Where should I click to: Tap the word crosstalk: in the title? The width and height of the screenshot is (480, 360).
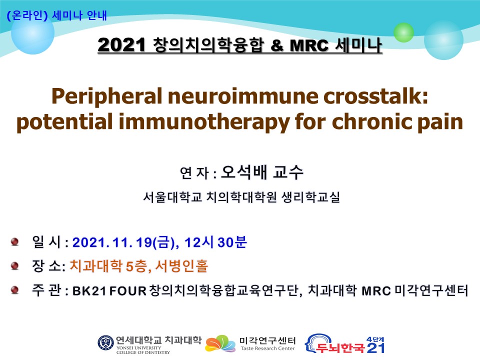click(x=375, y=96)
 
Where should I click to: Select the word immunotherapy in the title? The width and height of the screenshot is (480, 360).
click(x=204, y=122)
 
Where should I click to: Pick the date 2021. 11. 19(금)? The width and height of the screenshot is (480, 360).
click(x=125, y=242)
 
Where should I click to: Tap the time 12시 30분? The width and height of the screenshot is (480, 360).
click(x=215, y=242)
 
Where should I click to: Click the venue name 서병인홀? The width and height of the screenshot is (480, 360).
click(x=182, y=265)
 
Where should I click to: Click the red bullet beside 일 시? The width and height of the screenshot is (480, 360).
click(x=14, y=242)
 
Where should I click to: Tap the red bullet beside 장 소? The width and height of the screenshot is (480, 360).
click(x=14, y=265)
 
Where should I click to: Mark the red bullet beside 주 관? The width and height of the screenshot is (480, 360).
click(x=14, y=289)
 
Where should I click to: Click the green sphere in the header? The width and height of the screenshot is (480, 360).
click(x=403, y=32)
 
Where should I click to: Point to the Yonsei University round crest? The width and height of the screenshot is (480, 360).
click(x=105, y=343)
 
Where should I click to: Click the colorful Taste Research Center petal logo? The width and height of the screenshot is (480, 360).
click(x=220, y=343)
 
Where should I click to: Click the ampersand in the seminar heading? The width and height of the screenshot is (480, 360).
click(x=277, y=46)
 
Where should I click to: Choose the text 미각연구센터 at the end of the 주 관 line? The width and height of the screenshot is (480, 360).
click(x=431, y=290)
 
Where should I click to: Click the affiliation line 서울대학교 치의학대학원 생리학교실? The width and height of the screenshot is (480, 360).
click(x=241, y=197)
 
